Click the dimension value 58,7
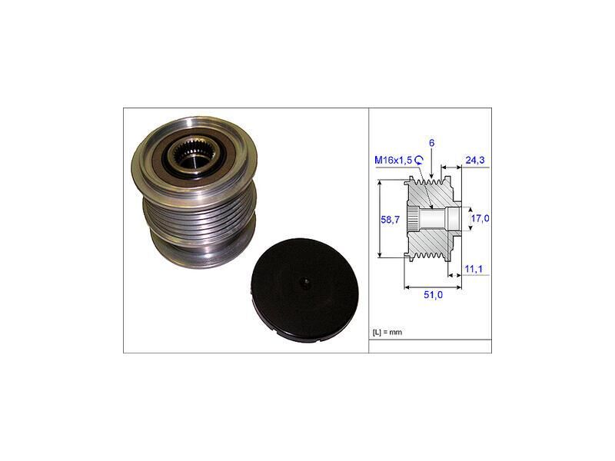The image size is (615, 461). [390, 220]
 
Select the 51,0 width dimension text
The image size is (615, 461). [433, 295]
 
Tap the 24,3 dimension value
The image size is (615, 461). [475, 160]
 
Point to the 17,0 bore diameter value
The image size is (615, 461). [480, 218]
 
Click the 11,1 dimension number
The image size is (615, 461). [474, 269]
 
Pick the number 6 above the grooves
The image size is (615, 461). [431, 143]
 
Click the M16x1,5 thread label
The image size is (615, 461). [394, 160]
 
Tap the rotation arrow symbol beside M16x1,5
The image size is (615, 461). [419, 159]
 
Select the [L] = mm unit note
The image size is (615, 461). [387, 333]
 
